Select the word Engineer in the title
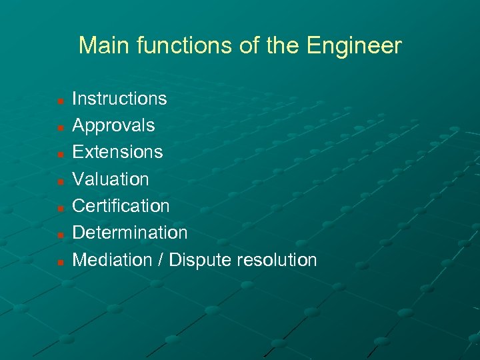(x=354, y=46)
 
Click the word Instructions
(x=119, y=99)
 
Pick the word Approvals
(x=113, y=125)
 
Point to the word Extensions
(x=117, y=152)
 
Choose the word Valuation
(x=111, y=179)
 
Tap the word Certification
(x=121, y=206)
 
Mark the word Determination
(x=130, y=233)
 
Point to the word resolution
(x=277, y=259)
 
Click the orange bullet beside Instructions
(x=60, y=101)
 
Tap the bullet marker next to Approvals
(x=60, y=128)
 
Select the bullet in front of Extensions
(x=60, y=155)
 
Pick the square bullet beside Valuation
(x=60, y=181)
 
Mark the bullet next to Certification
(x=60, y=209)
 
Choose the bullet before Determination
(x=60, y=235)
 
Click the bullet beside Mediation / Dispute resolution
(x=60, y=262)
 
